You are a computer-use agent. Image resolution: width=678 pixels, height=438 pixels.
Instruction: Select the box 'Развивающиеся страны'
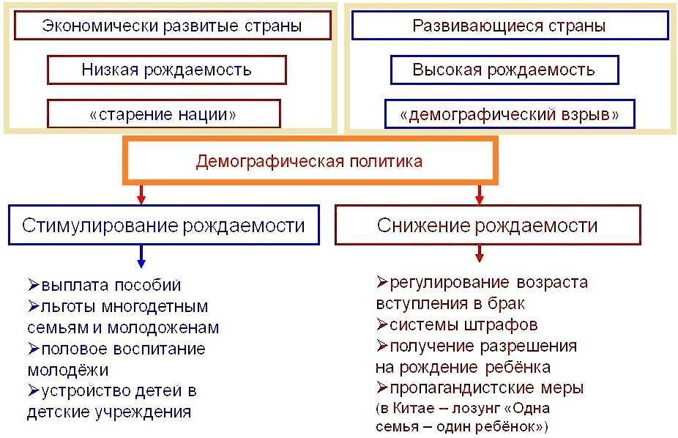point(510,26)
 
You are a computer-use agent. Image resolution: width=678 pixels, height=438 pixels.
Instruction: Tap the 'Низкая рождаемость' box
point(166,70)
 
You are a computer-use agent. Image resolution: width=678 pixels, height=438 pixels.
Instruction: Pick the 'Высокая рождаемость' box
point(504,70)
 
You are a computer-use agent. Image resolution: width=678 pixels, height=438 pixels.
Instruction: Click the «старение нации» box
point(163,114)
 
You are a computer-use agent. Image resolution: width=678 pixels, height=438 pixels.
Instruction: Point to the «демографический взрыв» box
point(510,114)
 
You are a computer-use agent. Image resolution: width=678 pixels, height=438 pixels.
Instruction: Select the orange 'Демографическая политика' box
point(309,161)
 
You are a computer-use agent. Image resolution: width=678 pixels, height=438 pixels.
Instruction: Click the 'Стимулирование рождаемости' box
point(163,225)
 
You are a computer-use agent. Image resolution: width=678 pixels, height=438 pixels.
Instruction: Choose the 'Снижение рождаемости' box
point(487,225)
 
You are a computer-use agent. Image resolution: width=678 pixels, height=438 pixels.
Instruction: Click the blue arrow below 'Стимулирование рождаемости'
point(141,256)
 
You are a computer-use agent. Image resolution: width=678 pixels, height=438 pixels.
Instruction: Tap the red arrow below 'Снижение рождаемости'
point(480,253)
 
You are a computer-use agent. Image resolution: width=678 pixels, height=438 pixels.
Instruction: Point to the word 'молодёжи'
point(67,370)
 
